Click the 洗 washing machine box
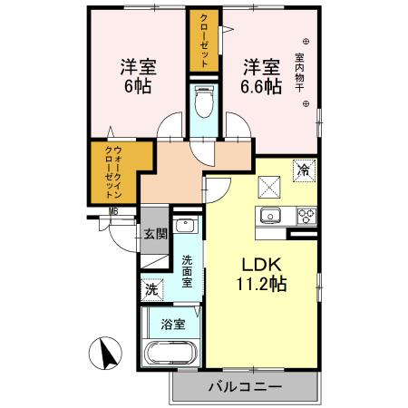point(151,290)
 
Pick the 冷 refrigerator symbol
point(304,170)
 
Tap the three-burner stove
point(306,216)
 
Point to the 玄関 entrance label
point(154,233)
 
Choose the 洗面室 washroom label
point(187,271)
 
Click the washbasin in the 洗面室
point(186,228)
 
